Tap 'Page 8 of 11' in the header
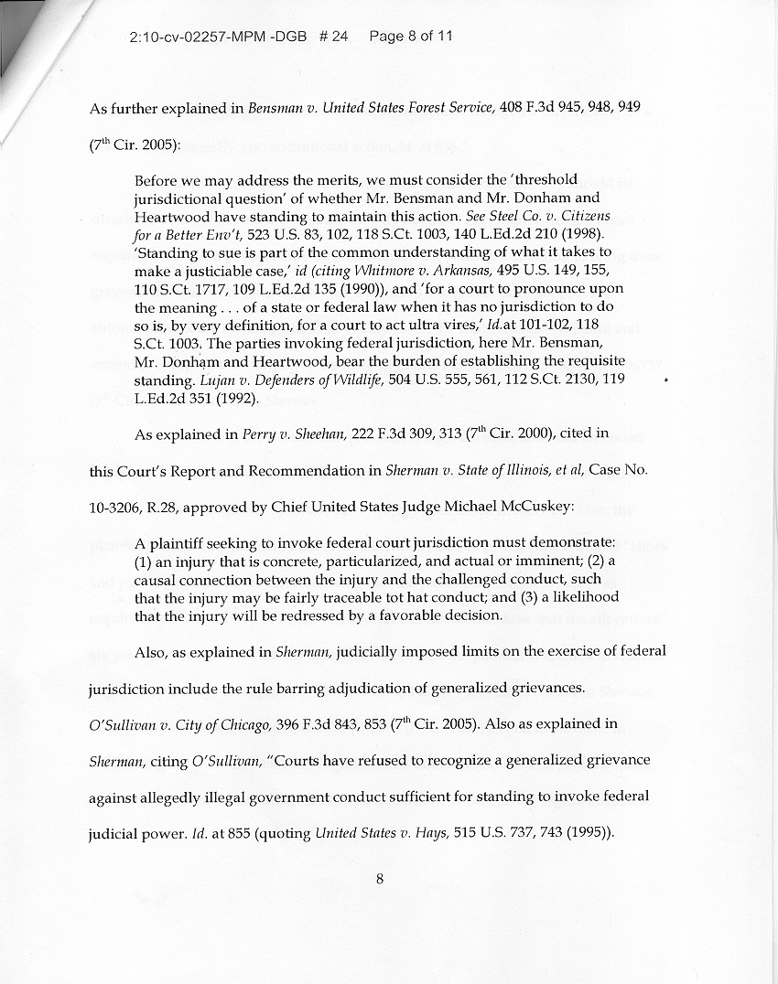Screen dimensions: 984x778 point(411,37)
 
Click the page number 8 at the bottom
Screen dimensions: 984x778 point(379,880)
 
